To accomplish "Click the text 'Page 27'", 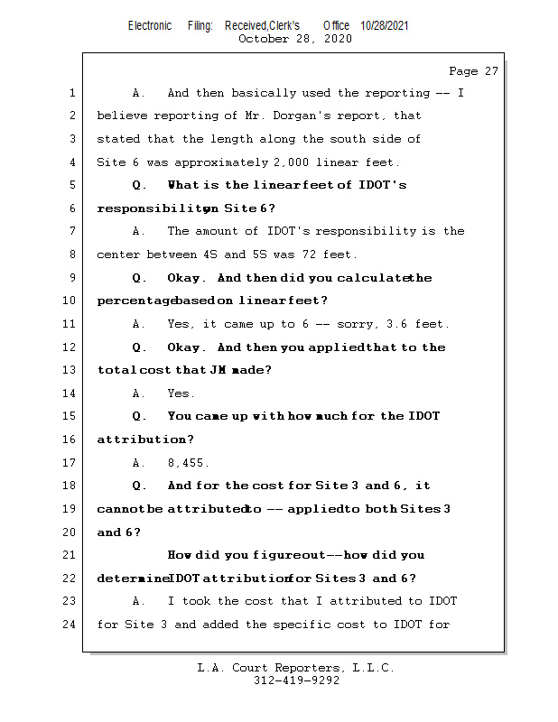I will [473, 71].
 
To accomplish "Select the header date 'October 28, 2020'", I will [294, 39].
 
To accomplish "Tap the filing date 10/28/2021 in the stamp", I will [384, 26].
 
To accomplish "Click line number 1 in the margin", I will [71, 93].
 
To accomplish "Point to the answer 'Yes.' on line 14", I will [181, 393].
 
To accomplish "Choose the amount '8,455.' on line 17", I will [188, 463].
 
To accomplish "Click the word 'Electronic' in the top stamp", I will [150, 26].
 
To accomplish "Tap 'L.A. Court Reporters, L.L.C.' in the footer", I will [296, 668].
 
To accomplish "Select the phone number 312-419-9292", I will [296, 680].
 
